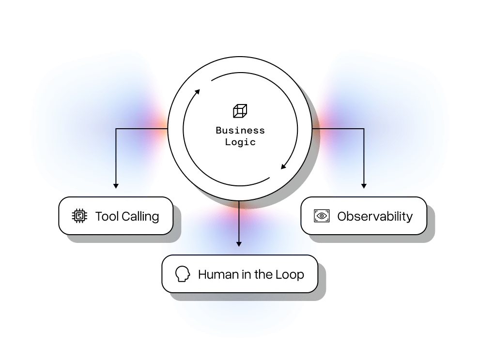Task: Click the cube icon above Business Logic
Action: pos(240,111)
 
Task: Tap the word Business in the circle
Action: pos(240,131)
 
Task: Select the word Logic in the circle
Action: pos(240,142)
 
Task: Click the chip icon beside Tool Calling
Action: pos(79,216)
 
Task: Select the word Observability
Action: pos(375,216)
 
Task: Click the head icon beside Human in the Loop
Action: pos(183,274)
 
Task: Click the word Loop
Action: pos(289,274)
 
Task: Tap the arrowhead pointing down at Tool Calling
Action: pos(116,185)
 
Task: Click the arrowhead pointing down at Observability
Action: pos(364,185)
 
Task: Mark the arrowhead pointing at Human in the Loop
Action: pos(239,243)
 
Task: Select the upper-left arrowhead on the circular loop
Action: pos(197,92)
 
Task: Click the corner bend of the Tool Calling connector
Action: pos(116,129)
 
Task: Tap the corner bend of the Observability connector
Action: pos(364,129)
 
